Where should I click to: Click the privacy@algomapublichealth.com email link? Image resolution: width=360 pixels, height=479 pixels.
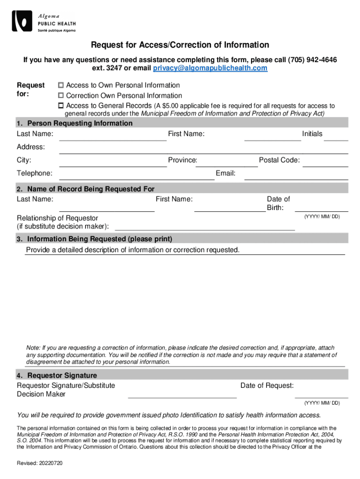(210, 68)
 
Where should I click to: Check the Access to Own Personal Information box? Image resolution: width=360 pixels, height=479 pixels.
(60, 86)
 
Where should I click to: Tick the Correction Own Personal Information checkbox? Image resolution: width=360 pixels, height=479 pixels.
(60, 96)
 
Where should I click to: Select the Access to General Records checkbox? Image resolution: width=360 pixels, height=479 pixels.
(60, 106)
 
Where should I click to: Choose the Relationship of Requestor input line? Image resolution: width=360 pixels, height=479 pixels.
(205, 226)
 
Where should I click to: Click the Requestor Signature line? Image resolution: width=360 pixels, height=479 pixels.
(182, 394)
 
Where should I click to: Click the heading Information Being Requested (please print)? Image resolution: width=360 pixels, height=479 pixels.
(100, 239)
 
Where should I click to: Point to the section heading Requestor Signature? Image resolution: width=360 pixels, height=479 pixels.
(62, 376)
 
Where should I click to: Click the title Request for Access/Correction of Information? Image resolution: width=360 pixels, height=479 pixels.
(180, 45)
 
